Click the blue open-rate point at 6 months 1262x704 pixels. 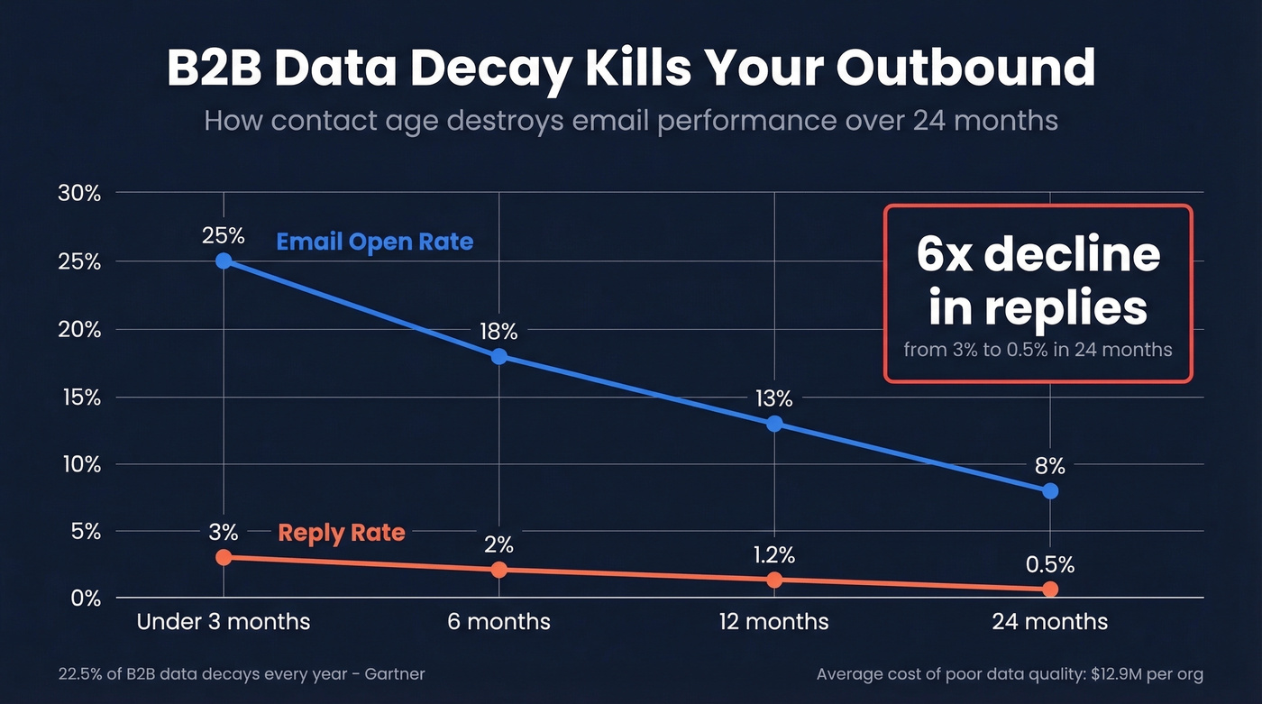pos(498,356)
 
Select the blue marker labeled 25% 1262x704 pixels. pos(224,261)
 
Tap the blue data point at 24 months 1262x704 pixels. pos(1050,491)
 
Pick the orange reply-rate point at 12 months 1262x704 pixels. pos(774,580)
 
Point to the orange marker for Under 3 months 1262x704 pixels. pos(224,557)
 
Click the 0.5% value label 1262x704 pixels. pos(1050,564)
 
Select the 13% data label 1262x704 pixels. pos(773,398)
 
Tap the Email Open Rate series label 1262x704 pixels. pos(374,242)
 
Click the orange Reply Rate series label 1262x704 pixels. pos(342,532)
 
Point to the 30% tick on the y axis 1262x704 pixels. pos(79,193)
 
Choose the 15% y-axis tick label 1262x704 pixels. pos(79,397)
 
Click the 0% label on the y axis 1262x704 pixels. pos(83,599)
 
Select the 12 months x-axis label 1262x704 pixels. pos(773,622)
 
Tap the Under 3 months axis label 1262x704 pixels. pos(224,622)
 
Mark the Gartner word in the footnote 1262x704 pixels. pos(393,674)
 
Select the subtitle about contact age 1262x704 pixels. pos(630,120)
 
